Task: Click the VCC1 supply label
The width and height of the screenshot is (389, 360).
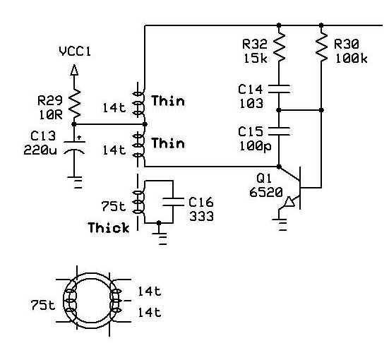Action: (75, 52)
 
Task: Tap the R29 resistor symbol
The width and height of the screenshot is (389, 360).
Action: (74, 104)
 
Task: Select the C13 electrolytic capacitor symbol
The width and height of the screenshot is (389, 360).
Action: (74, 146)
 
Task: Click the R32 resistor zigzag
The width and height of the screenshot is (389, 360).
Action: (279, 47)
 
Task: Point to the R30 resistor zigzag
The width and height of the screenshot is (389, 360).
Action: (321, 47)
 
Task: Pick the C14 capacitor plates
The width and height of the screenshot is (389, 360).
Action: (279, 89)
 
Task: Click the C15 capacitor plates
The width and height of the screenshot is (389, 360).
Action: (279, 131)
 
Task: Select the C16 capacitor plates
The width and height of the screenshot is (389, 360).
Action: (173, 202)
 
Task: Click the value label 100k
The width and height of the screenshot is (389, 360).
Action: (352, 59)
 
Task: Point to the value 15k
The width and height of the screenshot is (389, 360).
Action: (256, 59)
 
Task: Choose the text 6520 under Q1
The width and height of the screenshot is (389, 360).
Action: (266, 192)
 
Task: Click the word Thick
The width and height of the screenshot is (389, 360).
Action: (109, 227)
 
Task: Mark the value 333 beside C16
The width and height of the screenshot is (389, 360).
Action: (201, 216)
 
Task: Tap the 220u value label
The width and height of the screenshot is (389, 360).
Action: (40, 150)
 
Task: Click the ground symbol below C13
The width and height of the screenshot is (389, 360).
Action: (74, 182)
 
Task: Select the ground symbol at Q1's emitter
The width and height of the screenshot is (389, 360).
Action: (280, 224)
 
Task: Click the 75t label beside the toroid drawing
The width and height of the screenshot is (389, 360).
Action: (42, 305)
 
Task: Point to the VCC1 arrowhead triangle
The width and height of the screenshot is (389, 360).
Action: (74, 70)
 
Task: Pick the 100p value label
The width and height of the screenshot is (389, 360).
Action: (256, 146)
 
